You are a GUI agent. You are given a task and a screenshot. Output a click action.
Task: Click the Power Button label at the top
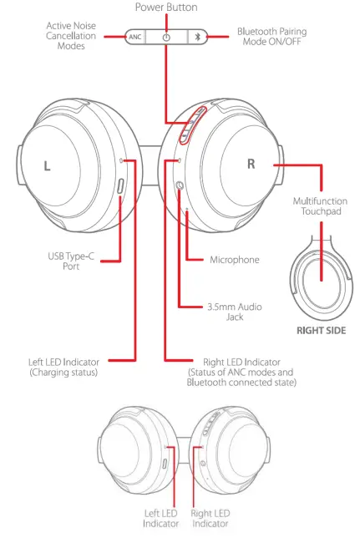pos(166,8)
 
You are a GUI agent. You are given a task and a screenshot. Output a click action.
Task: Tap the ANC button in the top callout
pos(134,38)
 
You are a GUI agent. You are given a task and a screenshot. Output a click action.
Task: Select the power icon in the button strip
pos(166,38)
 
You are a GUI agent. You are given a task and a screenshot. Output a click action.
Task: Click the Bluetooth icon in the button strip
pos(197,38)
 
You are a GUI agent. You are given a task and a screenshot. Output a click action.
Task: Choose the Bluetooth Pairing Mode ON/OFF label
pos(271,37)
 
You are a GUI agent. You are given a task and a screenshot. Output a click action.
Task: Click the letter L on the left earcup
pos(47,165)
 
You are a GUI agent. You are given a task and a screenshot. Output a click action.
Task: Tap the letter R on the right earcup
pos(251,164)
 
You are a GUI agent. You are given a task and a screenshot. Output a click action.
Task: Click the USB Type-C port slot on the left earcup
pos(122,189)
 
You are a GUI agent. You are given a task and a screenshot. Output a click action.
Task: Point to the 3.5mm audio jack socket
pos(179,185)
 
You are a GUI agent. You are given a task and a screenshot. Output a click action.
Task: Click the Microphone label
pos(233,260)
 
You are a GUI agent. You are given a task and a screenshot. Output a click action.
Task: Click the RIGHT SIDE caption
pos(322,331)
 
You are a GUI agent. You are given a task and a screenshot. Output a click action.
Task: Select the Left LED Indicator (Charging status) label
pos(63,367)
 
